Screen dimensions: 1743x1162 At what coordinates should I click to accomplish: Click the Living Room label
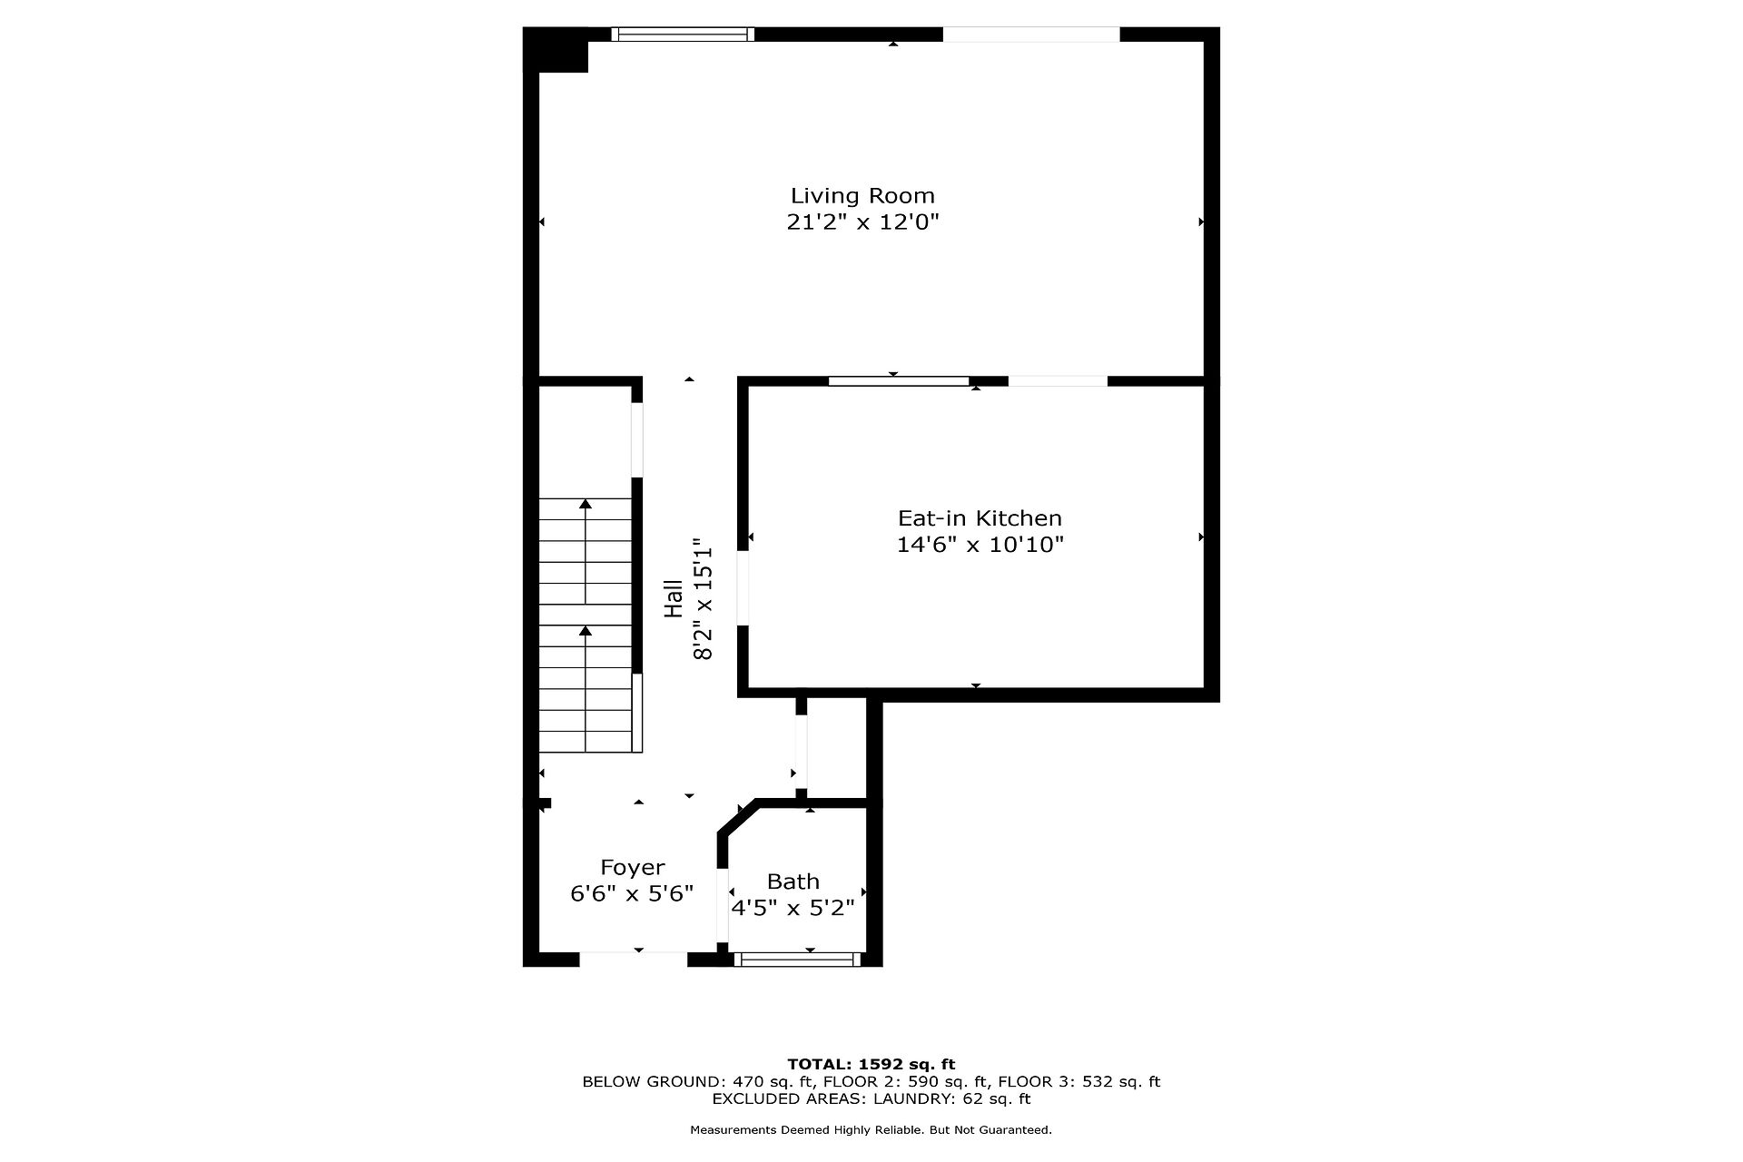tap(862, 195)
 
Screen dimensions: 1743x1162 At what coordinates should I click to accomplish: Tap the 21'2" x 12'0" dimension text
tap(862, 222)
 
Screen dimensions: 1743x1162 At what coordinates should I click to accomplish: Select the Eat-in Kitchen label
tap(980, 518)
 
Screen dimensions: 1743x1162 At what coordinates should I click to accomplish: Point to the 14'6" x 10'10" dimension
tap(980, 545)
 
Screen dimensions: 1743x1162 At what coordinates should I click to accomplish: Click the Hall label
tap(674, 599)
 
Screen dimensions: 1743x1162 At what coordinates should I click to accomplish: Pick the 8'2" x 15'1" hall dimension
tap(703, 599)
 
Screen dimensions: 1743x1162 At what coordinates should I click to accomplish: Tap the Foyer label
tap(632, 868)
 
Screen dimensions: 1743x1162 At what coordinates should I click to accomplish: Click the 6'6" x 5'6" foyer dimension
tap(632, 894)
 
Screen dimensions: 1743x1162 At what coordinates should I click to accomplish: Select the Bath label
tap(793, 881)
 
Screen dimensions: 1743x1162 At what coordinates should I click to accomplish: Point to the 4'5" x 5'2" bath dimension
tap(793, 908)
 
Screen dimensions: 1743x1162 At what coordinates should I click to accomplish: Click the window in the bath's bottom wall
tap(797, 959)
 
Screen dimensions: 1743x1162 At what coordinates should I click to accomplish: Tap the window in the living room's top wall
tap(682, 34)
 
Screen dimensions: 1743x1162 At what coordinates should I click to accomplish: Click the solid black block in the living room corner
tap(556, 50)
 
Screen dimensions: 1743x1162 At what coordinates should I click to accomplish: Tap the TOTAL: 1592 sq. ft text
tap(871, 1064)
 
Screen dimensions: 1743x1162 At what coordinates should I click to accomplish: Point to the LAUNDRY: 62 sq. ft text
tap(951, 1098)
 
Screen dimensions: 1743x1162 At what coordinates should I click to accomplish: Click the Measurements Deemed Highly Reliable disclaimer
tap(871, 1130)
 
